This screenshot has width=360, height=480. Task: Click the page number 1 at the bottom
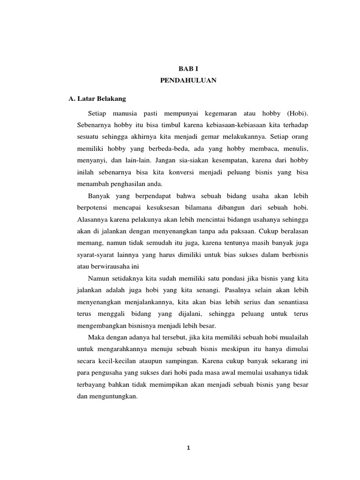pos(188,448)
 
